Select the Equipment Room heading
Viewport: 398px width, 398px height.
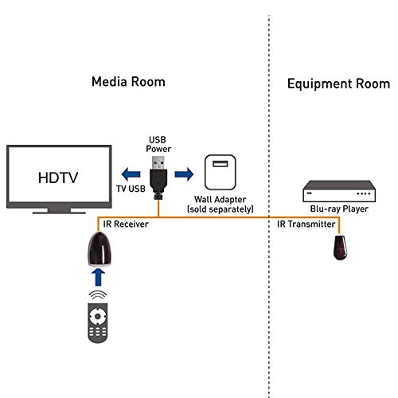click(338, 84)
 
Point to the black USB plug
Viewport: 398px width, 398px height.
click(158, 177)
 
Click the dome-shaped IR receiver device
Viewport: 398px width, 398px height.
click(97, 251)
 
